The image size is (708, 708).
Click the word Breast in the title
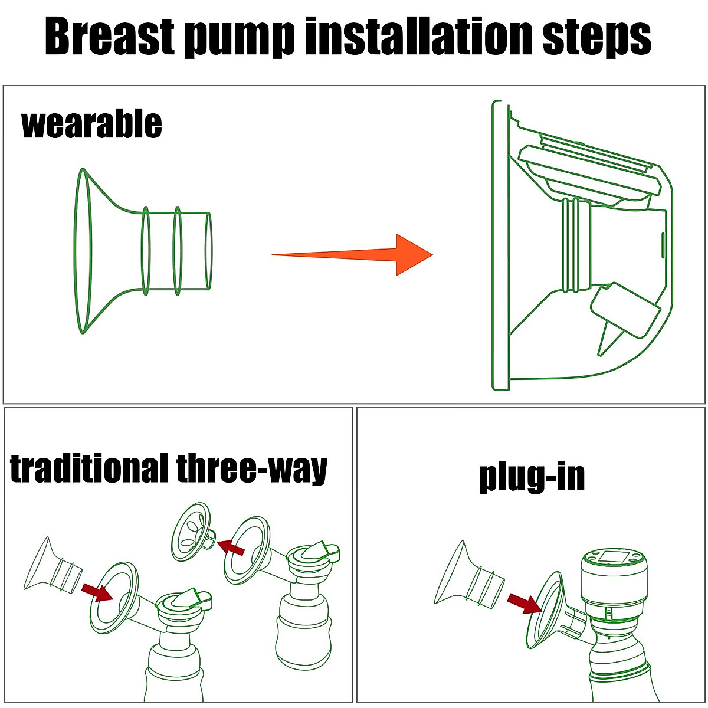pos(110,37)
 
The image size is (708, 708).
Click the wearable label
pos(91,124)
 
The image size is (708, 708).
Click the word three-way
pos(251,470)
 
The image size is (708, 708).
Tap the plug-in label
pos(532,477)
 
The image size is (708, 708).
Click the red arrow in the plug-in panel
pos(524,603)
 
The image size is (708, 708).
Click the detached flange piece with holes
pos(192,532)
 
